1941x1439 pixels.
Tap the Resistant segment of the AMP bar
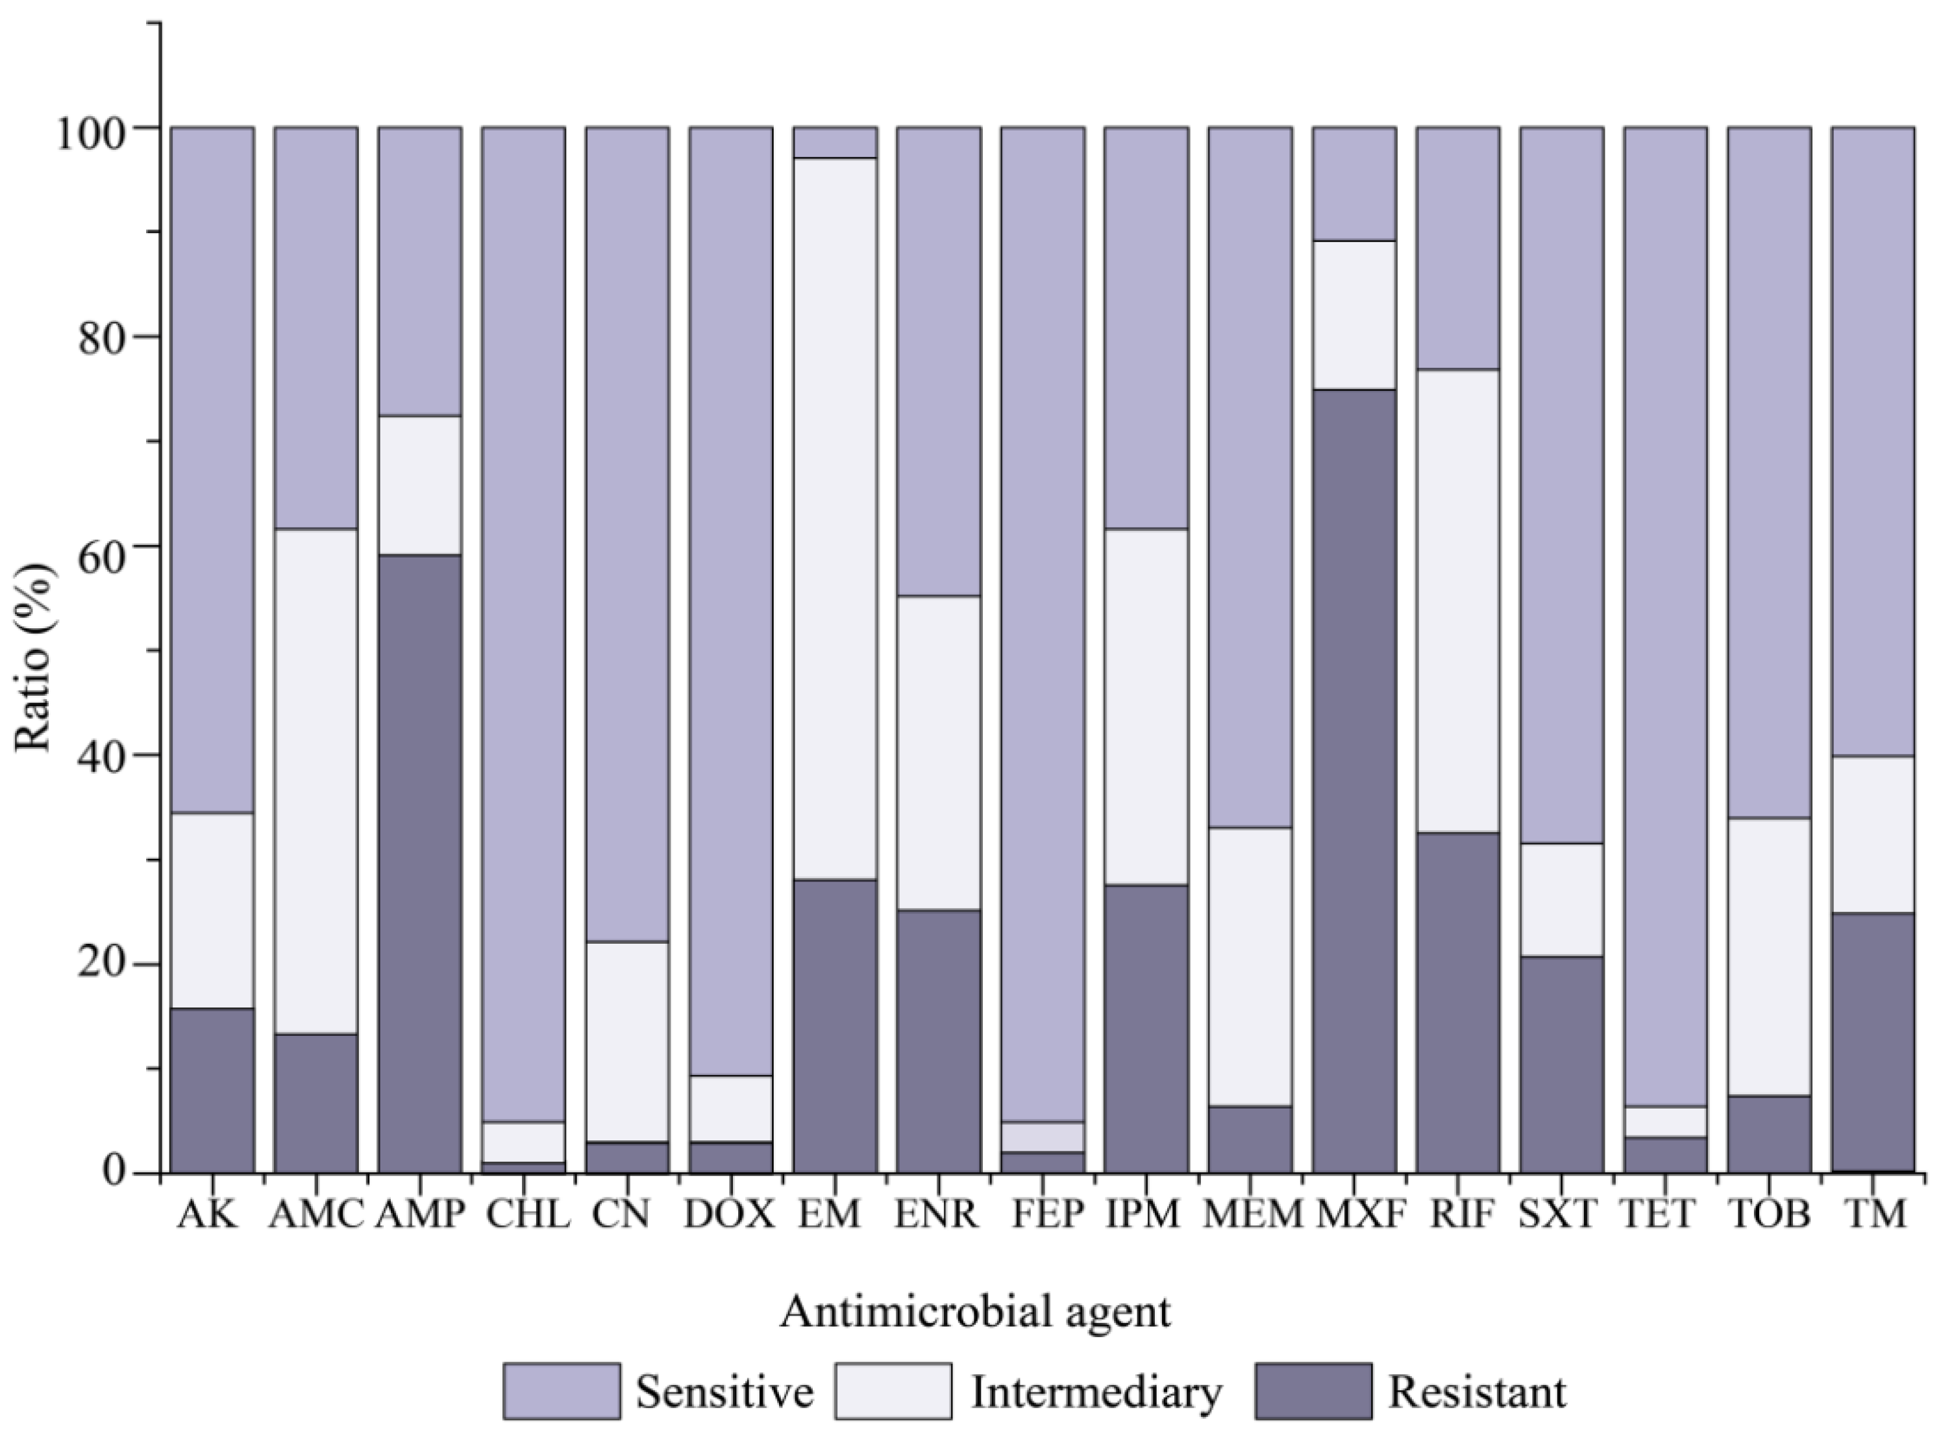(x=419, y=863)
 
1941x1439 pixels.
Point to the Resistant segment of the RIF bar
(x=1457, y=1002)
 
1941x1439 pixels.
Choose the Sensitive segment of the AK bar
(x=212, y=471)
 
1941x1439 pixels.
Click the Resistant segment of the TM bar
(x=1872, y=1042)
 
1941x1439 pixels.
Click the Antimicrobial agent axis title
(x=975, y=1312)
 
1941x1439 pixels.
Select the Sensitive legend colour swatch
(x=562, y=1391)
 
